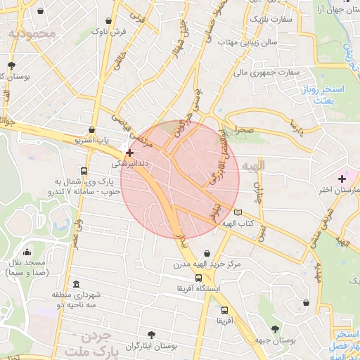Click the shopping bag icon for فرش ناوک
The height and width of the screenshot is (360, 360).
(108, 20)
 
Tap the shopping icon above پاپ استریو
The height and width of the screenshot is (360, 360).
(92, 129)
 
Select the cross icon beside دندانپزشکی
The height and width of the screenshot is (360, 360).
(129, 152)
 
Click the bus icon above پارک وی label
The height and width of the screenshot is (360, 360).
(84, 170)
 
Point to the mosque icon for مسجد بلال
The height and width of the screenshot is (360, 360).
(27, 251)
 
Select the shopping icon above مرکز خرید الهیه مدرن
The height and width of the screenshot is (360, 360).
(207, 253)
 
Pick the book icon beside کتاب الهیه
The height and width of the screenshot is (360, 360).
(238, 212)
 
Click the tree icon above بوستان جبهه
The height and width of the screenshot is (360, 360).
(275, 329)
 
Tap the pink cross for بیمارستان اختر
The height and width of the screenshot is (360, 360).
(342, 179)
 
